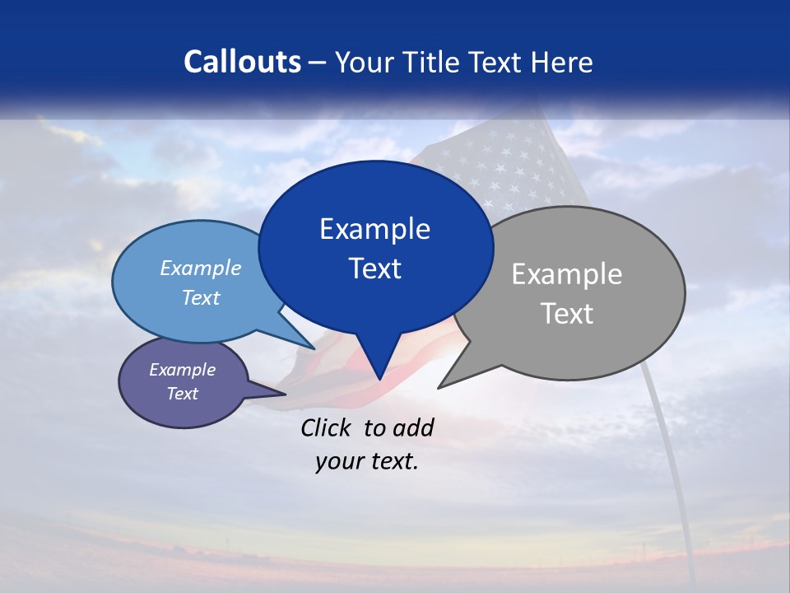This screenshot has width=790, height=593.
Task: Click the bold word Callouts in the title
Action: click(x=242, y=62)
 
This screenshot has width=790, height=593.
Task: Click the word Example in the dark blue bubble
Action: click(x=374, y=229)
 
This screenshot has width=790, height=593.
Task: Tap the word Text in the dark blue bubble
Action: click(x=374, y=268)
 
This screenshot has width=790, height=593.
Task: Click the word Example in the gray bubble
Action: click(x=567, y=274)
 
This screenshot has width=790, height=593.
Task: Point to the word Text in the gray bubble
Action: click(x=567, y=314)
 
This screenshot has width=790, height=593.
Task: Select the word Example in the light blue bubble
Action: click(x=200, y=268)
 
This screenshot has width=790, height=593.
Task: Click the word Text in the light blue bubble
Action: click(x=200, y=297)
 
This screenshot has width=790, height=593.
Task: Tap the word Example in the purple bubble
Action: click(x=182, y=370)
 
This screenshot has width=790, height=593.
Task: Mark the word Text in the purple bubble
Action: click(x=182, y=394)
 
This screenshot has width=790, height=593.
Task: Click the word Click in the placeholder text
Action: click(x=328, y=427)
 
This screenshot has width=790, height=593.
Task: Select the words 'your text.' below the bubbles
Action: click(x=366, y=461)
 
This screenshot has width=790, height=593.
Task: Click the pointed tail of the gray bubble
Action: click(x=444, y=384)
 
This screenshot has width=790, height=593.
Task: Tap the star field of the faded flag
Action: click(x=510, y=169)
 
